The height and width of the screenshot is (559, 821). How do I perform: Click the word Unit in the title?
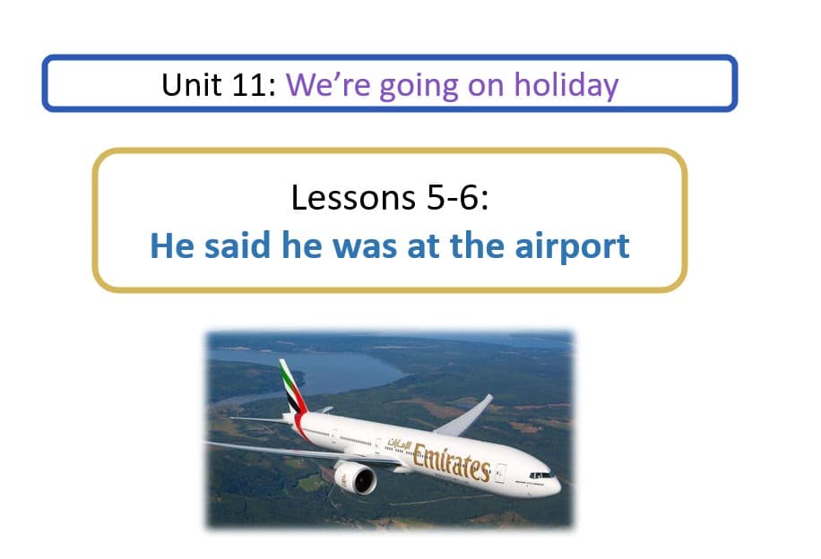191,84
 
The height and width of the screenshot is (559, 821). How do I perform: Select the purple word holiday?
566,86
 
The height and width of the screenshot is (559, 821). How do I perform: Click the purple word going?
419,87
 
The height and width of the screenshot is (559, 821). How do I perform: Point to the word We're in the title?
328,84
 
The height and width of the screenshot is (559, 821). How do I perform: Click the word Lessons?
353,197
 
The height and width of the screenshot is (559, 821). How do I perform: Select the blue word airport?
572,246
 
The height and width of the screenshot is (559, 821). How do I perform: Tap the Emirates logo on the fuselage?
452,462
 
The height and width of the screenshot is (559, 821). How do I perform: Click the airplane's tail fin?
292,386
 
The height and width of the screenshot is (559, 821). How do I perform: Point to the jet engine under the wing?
356,477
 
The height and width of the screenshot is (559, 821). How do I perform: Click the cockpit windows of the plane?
540,476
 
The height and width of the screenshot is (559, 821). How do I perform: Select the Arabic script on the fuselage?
399,443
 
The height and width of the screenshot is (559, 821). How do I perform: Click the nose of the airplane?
556,486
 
